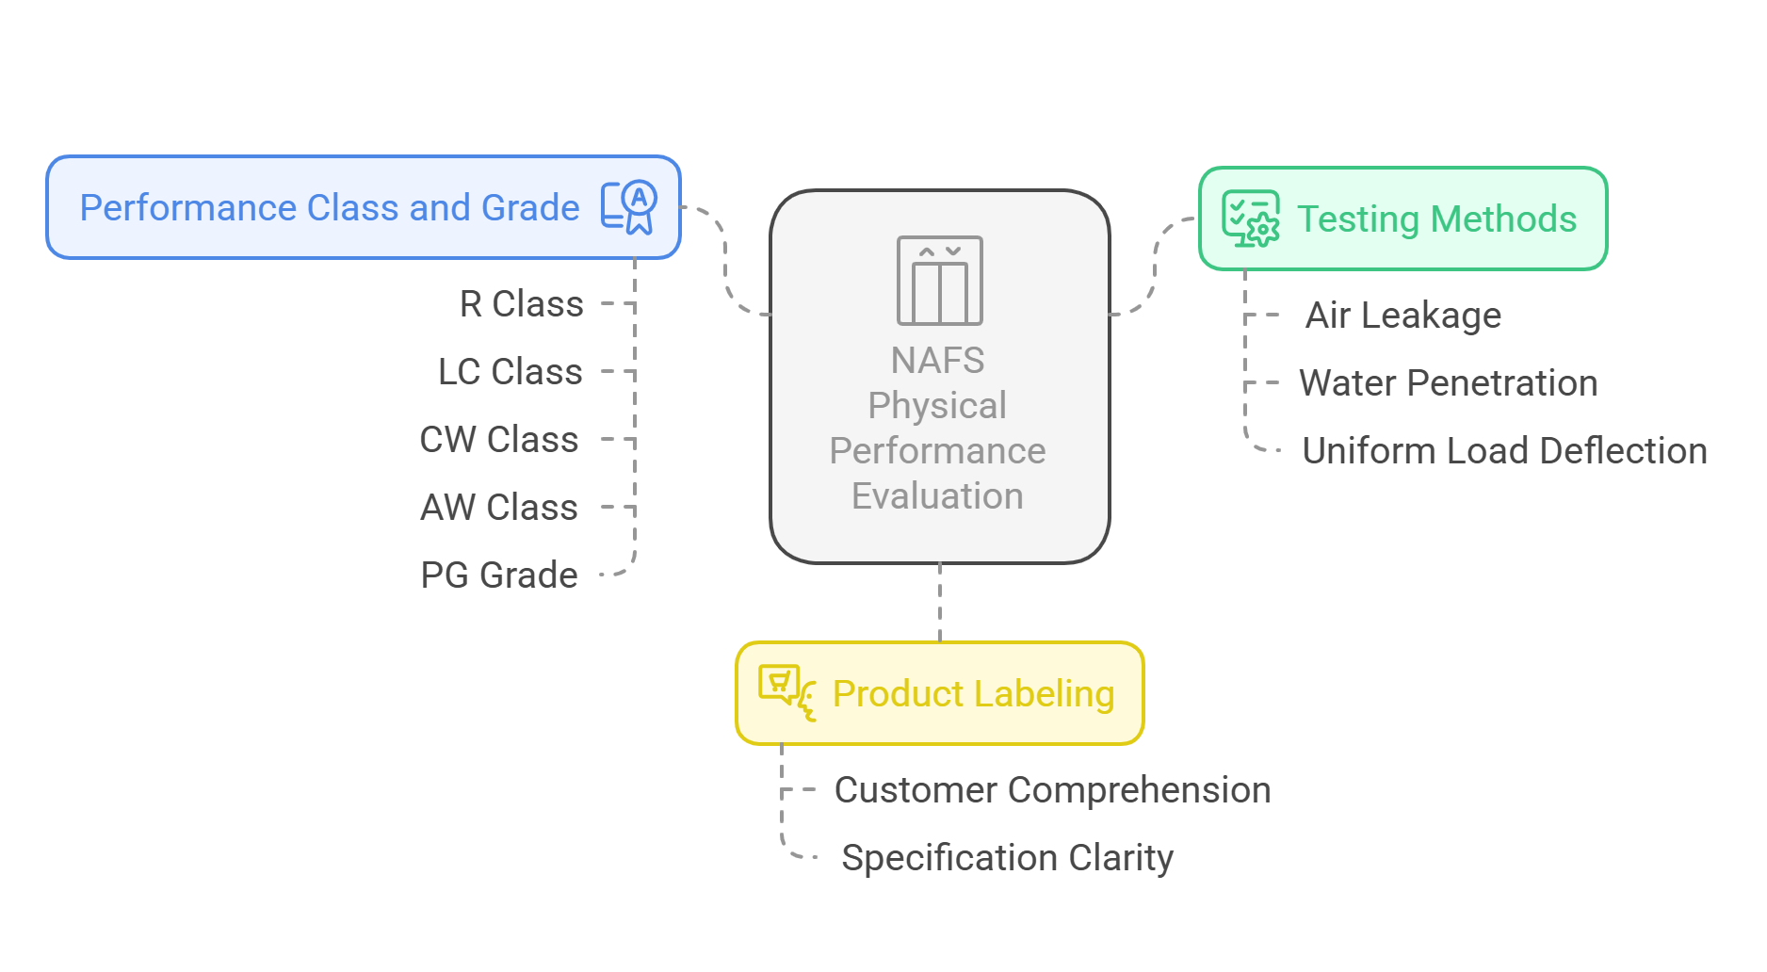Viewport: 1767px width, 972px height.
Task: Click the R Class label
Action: pyautogui.click(x=521, y=304)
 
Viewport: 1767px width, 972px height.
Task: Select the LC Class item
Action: pyautogui.click(x=510, y=372)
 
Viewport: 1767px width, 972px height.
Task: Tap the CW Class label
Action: pyautogui.click(x=498, y=440)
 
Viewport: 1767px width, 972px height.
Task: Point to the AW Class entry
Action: pyautogui.click(x=498, y=508)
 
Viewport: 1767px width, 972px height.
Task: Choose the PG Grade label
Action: pyautogui.click(x=498, y=575)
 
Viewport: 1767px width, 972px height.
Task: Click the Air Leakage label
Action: pyautogui.click(x=1402, y=316)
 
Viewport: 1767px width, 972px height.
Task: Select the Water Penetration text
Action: pyautogui.click(x=1448, y=383)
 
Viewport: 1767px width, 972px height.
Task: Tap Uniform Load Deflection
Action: pyautogui.click(x=1503, y=451)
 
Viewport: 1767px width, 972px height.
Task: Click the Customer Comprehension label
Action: pyautogui.click(x=1052, y=790)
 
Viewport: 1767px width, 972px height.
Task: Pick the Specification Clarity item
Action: pyautogui.click(x=1006, y=858)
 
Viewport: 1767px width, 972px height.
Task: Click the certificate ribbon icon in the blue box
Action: pyautogui.click(x=630, y=207)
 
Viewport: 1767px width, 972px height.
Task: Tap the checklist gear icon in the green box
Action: pyautogui.click(x=1250, y=219)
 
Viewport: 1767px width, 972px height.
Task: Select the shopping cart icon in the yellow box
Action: pyautogui.click(x=786, y=692)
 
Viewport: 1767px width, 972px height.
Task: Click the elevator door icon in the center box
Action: pyautogui.click(x=939, y=281)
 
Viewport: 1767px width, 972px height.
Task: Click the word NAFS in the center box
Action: pyautogui.click(x=937, y=361)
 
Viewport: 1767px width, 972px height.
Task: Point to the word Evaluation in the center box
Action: pyautogui.click(x=937, y=496)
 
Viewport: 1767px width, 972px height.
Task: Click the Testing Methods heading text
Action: pyautogui.click(x=1436, y=219)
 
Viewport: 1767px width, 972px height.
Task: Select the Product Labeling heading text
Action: pyautogui.click(x=973, y=694)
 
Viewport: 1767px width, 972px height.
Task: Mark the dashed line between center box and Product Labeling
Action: pyautogui.click(x=940, y=603)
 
